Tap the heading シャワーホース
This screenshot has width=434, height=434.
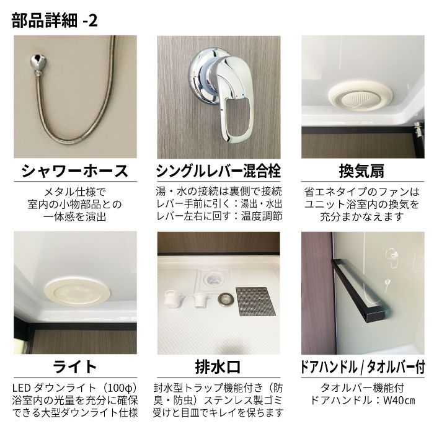pos(75,170)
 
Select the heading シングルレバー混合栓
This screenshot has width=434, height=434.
pos(217,170)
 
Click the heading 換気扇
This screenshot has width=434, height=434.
pos(363,170)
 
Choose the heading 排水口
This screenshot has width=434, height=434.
pos(217,365)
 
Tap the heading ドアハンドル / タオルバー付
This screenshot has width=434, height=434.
pos(363,366)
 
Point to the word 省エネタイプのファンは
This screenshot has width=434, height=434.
pos(362,192)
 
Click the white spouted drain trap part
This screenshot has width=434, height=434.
pos(173,301)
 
